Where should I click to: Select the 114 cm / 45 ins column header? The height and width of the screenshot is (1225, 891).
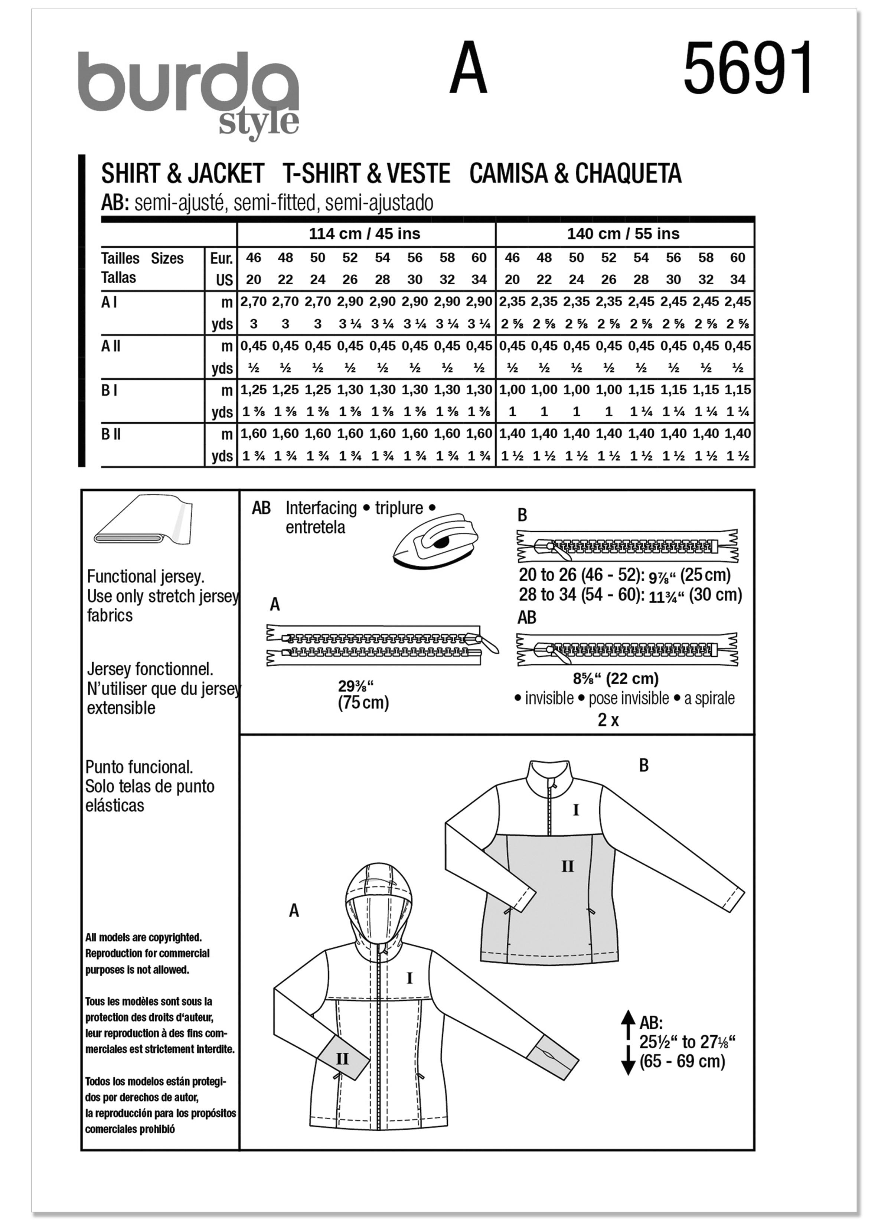(364, 234)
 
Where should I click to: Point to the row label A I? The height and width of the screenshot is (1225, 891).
(109, 303)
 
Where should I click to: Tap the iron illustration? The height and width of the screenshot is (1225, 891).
(435, 540)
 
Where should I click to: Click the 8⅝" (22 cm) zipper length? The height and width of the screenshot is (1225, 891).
(616, 679)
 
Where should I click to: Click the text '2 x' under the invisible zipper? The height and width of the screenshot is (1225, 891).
(608, 720)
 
